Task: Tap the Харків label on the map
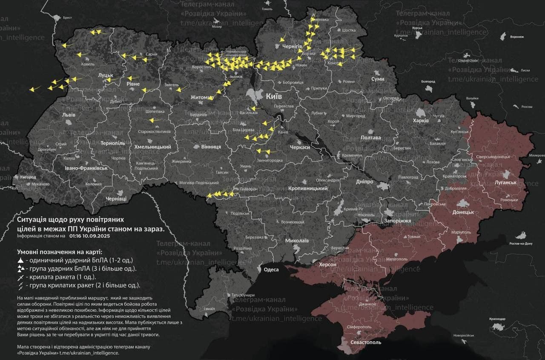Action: (x=422, y=121)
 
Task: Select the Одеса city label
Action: (x=271, y=269)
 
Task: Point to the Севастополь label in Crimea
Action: (x=366, y=342)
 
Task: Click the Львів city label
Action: (x=69, y=115)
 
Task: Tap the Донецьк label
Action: (x=463, y=212)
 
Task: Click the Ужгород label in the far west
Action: (x=28, y=177)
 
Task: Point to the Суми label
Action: (x=378, y=79)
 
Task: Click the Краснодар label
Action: (x=497, y=319)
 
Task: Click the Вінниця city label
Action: (x=211, y=147)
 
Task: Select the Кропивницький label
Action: (x=308, y=188)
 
